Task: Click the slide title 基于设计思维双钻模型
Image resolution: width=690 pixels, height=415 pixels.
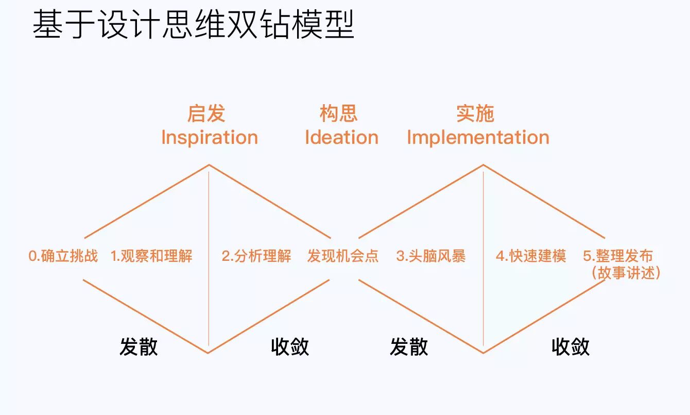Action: click(x=193, y=24)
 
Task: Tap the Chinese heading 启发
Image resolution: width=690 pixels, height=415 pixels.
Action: click(x=206, y=113)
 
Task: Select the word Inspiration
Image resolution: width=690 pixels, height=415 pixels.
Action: click(x=210, y=138)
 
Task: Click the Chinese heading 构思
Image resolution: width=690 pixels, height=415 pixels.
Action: click(x=338, y=113)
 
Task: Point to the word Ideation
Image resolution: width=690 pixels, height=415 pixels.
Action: click(x=341, y=137)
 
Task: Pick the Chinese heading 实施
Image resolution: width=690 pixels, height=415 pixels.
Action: click(x=475, y=113)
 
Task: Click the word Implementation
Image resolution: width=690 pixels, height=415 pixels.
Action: click(x=478, y=138)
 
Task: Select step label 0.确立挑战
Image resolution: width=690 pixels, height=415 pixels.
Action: click(x=63, y=256)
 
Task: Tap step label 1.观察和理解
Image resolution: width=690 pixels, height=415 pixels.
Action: click(x=151, y=256)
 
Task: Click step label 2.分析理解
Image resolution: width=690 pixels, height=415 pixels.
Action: click(x=256, y=256)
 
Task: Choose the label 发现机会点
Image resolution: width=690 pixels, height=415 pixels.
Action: click(x=343, y=256)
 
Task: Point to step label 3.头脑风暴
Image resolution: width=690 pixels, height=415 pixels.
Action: click(x=430, y=256)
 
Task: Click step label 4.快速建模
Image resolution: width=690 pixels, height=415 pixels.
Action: click(x=531, y=256)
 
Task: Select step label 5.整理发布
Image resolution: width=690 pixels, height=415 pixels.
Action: click(x=617, y=256)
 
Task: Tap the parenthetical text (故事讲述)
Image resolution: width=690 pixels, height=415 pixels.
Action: click(x=626, y=273)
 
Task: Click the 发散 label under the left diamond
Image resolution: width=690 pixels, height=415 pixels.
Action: click(x=139, y=347)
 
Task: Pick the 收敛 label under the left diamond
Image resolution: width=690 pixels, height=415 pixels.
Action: click(x=290, y=347)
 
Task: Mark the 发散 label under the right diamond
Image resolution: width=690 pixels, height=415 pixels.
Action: click(x=409, y=347)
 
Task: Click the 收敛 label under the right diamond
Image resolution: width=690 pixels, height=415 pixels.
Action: click(x=571, y=347)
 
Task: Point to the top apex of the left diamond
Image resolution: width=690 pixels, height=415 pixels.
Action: click(x=209, y=165)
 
